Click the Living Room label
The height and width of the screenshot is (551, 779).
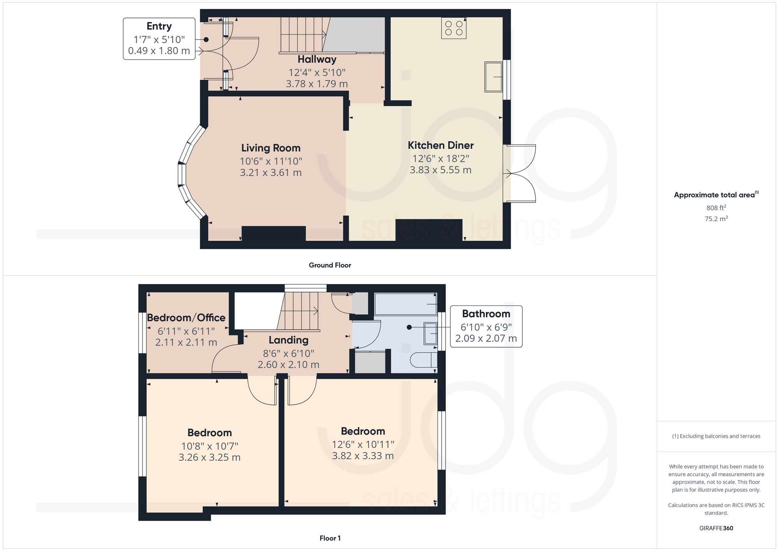(x=271, y=148)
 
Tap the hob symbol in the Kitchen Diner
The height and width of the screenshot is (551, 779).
(x=454, y=28)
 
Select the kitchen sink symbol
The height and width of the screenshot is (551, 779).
(x=493, y=77)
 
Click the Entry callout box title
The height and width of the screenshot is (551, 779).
(x=159, y=26)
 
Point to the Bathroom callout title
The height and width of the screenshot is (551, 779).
(x=486, y=314)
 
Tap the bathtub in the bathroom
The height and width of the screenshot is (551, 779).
(x=405, y=304)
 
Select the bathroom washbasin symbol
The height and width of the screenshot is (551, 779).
(x=430, y=333)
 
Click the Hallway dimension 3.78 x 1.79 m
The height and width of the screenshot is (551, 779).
(x=317, y=84)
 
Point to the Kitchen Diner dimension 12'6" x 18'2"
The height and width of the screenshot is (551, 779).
(x=441, y=158)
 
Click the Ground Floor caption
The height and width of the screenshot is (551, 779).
(x=330, y=265)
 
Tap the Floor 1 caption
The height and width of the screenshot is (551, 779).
(x=330, y=538)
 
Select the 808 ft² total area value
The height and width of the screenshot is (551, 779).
(x=716, y=208)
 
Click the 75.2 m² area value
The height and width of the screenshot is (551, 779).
(x=716, y=219)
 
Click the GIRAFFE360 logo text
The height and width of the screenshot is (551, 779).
(x=716, y=528)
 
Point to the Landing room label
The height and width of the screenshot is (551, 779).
(x=288, y=340)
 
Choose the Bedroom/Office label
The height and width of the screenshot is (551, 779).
(x=186, y=318)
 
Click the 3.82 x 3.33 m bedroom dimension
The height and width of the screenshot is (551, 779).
(x=363, y=456)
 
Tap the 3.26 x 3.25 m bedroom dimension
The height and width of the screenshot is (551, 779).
(x=210, y=457)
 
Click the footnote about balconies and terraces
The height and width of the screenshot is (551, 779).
(x=716, y=436)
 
